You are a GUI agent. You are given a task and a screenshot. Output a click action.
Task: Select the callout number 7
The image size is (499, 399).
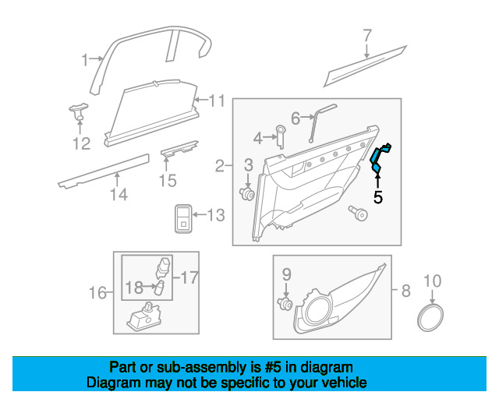click(366, 35)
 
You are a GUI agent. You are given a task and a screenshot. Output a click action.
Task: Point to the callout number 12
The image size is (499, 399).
click(81, 143)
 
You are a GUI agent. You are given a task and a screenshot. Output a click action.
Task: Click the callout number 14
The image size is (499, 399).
click(118, 195)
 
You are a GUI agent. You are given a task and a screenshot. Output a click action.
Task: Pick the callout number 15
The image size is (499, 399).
click(168, 181)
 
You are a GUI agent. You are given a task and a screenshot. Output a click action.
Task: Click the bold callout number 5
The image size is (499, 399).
click(378, 197)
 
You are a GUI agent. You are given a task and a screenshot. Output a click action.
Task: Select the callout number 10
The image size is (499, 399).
click(432, 280)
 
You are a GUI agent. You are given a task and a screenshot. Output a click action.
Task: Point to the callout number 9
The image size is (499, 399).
click(286, 274)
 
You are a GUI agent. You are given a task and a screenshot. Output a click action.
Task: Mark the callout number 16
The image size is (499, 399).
click(97, 293)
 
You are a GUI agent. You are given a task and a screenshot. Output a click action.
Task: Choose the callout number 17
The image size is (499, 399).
click(190, 276)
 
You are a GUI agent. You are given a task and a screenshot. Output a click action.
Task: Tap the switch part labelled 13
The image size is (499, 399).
click(183, 218)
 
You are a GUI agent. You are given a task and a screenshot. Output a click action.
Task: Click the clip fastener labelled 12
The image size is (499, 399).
click(78, 111)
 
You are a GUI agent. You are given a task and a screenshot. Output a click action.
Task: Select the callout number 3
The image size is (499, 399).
click(249, 164)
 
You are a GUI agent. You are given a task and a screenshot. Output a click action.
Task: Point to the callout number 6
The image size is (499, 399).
click(296, 118)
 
